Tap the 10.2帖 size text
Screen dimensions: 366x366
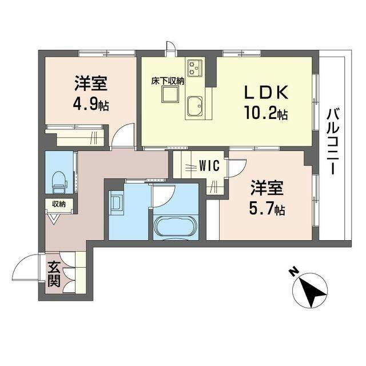tap(266, 114)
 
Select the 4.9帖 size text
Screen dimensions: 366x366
tap(91, 105)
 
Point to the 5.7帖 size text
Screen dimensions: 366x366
tap(268, 209)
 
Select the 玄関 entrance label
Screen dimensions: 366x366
tap(54, 273)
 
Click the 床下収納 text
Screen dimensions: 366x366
tap(167, 81)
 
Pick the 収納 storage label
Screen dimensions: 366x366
tap(58, 204)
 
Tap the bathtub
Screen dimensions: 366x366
tap(175, 228)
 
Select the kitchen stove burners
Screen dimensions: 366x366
tap(196, 68)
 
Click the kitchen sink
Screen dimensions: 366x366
tap(196, 106)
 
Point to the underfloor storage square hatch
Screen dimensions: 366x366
tap(170, 95)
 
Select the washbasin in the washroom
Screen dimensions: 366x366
tap(116, 202)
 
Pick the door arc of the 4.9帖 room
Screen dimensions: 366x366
tap(122, 137)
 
